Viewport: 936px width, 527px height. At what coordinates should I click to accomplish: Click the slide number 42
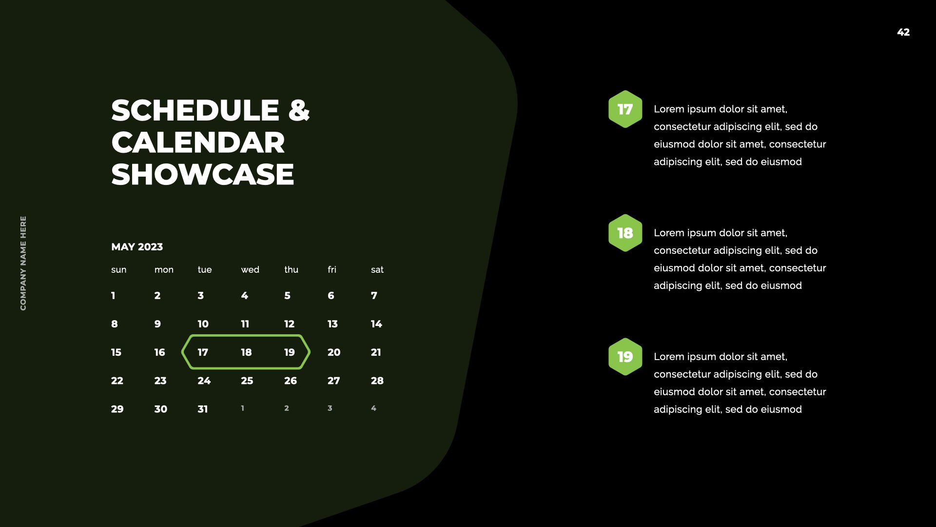903,32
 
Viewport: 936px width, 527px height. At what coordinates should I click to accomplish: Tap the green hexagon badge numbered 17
625,109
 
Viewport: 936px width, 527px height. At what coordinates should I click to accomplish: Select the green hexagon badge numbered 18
625,233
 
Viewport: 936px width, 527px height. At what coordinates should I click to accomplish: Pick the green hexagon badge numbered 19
625,357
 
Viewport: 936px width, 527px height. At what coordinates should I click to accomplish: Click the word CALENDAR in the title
198,142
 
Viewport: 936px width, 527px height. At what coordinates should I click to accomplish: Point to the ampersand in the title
299,110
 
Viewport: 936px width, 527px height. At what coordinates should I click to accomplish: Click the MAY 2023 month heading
137,247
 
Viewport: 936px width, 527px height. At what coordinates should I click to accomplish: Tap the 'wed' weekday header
250,270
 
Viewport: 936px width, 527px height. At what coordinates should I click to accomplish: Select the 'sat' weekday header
377,270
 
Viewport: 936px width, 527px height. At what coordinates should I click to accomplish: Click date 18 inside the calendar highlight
246,352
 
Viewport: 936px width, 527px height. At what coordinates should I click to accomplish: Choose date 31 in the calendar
203,409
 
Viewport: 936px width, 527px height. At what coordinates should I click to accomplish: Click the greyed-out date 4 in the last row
373,408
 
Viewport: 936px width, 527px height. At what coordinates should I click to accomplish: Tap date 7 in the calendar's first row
374,296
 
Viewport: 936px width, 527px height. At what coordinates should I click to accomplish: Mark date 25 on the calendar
247,381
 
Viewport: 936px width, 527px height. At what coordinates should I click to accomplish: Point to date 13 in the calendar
332,324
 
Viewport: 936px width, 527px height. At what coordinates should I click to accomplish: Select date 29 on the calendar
117,409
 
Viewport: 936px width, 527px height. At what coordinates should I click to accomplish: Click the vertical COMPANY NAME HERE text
23,263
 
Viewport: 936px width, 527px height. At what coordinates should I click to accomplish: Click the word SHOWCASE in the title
203,175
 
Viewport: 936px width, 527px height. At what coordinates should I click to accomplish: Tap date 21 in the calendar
376,352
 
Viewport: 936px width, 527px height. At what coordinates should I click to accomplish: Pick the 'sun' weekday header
118,270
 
